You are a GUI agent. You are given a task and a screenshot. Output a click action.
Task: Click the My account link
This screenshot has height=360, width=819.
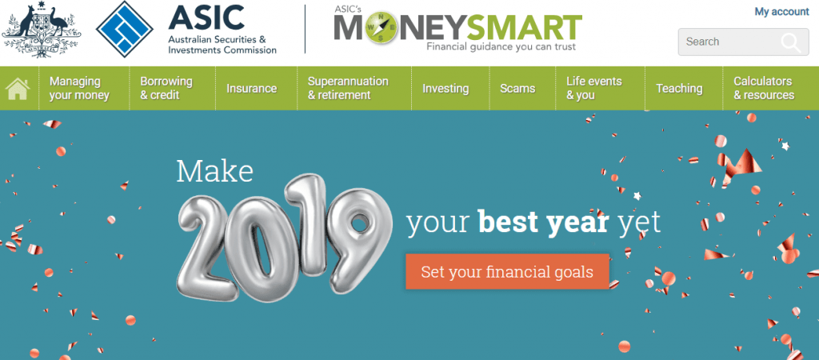(781, 11)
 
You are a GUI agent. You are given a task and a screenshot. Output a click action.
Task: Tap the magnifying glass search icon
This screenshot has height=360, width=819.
(791, 42)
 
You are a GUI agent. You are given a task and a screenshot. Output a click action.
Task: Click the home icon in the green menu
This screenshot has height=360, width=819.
(18, 88)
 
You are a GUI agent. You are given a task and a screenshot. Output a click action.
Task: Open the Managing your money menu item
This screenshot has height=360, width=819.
(79, 88)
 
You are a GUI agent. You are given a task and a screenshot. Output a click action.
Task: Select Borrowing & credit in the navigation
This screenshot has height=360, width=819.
(166, 88)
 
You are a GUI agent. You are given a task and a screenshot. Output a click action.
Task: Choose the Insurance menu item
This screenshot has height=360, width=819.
(251, 88)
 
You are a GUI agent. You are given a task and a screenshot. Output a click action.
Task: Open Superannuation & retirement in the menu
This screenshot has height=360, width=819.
(348, 88)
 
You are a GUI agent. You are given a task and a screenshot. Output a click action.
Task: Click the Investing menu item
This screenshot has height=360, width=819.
(445, 88)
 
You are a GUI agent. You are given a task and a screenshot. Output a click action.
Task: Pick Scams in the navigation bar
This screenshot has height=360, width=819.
(517, 88)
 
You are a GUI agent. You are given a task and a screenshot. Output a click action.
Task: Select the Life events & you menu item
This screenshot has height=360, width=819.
(594, 88)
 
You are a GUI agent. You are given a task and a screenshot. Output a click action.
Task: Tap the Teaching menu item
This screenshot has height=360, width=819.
(679, 88)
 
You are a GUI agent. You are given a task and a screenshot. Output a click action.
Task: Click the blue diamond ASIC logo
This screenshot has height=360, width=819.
(125, 29)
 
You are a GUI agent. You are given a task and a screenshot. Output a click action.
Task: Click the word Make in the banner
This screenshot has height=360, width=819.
(214, 170)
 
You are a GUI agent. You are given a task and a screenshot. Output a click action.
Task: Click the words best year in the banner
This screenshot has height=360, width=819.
(544, 222)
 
